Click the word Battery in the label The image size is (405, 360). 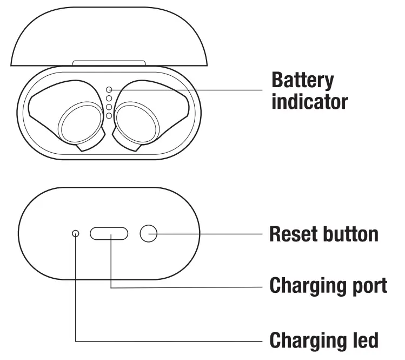coord(302,81)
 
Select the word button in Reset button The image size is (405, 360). coord(349,234)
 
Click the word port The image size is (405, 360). coord(369,285)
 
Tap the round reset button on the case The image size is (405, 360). coord(148,233)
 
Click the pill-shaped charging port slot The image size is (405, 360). coord(109,233)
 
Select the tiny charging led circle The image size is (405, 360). coord(75,233)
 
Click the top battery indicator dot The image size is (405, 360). coord(109,89)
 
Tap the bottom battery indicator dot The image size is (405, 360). coord(109,115)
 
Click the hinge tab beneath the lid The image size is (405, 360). coord(109,63)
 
